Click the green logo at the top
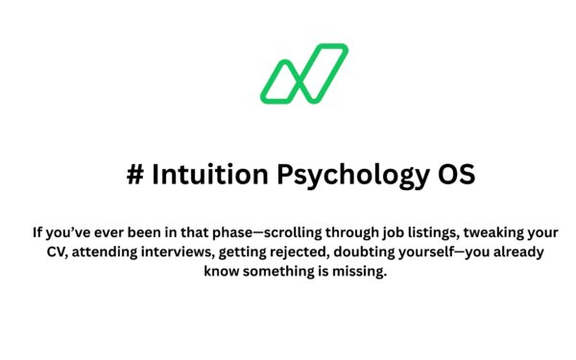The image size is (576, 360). [x=302, y=73]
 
